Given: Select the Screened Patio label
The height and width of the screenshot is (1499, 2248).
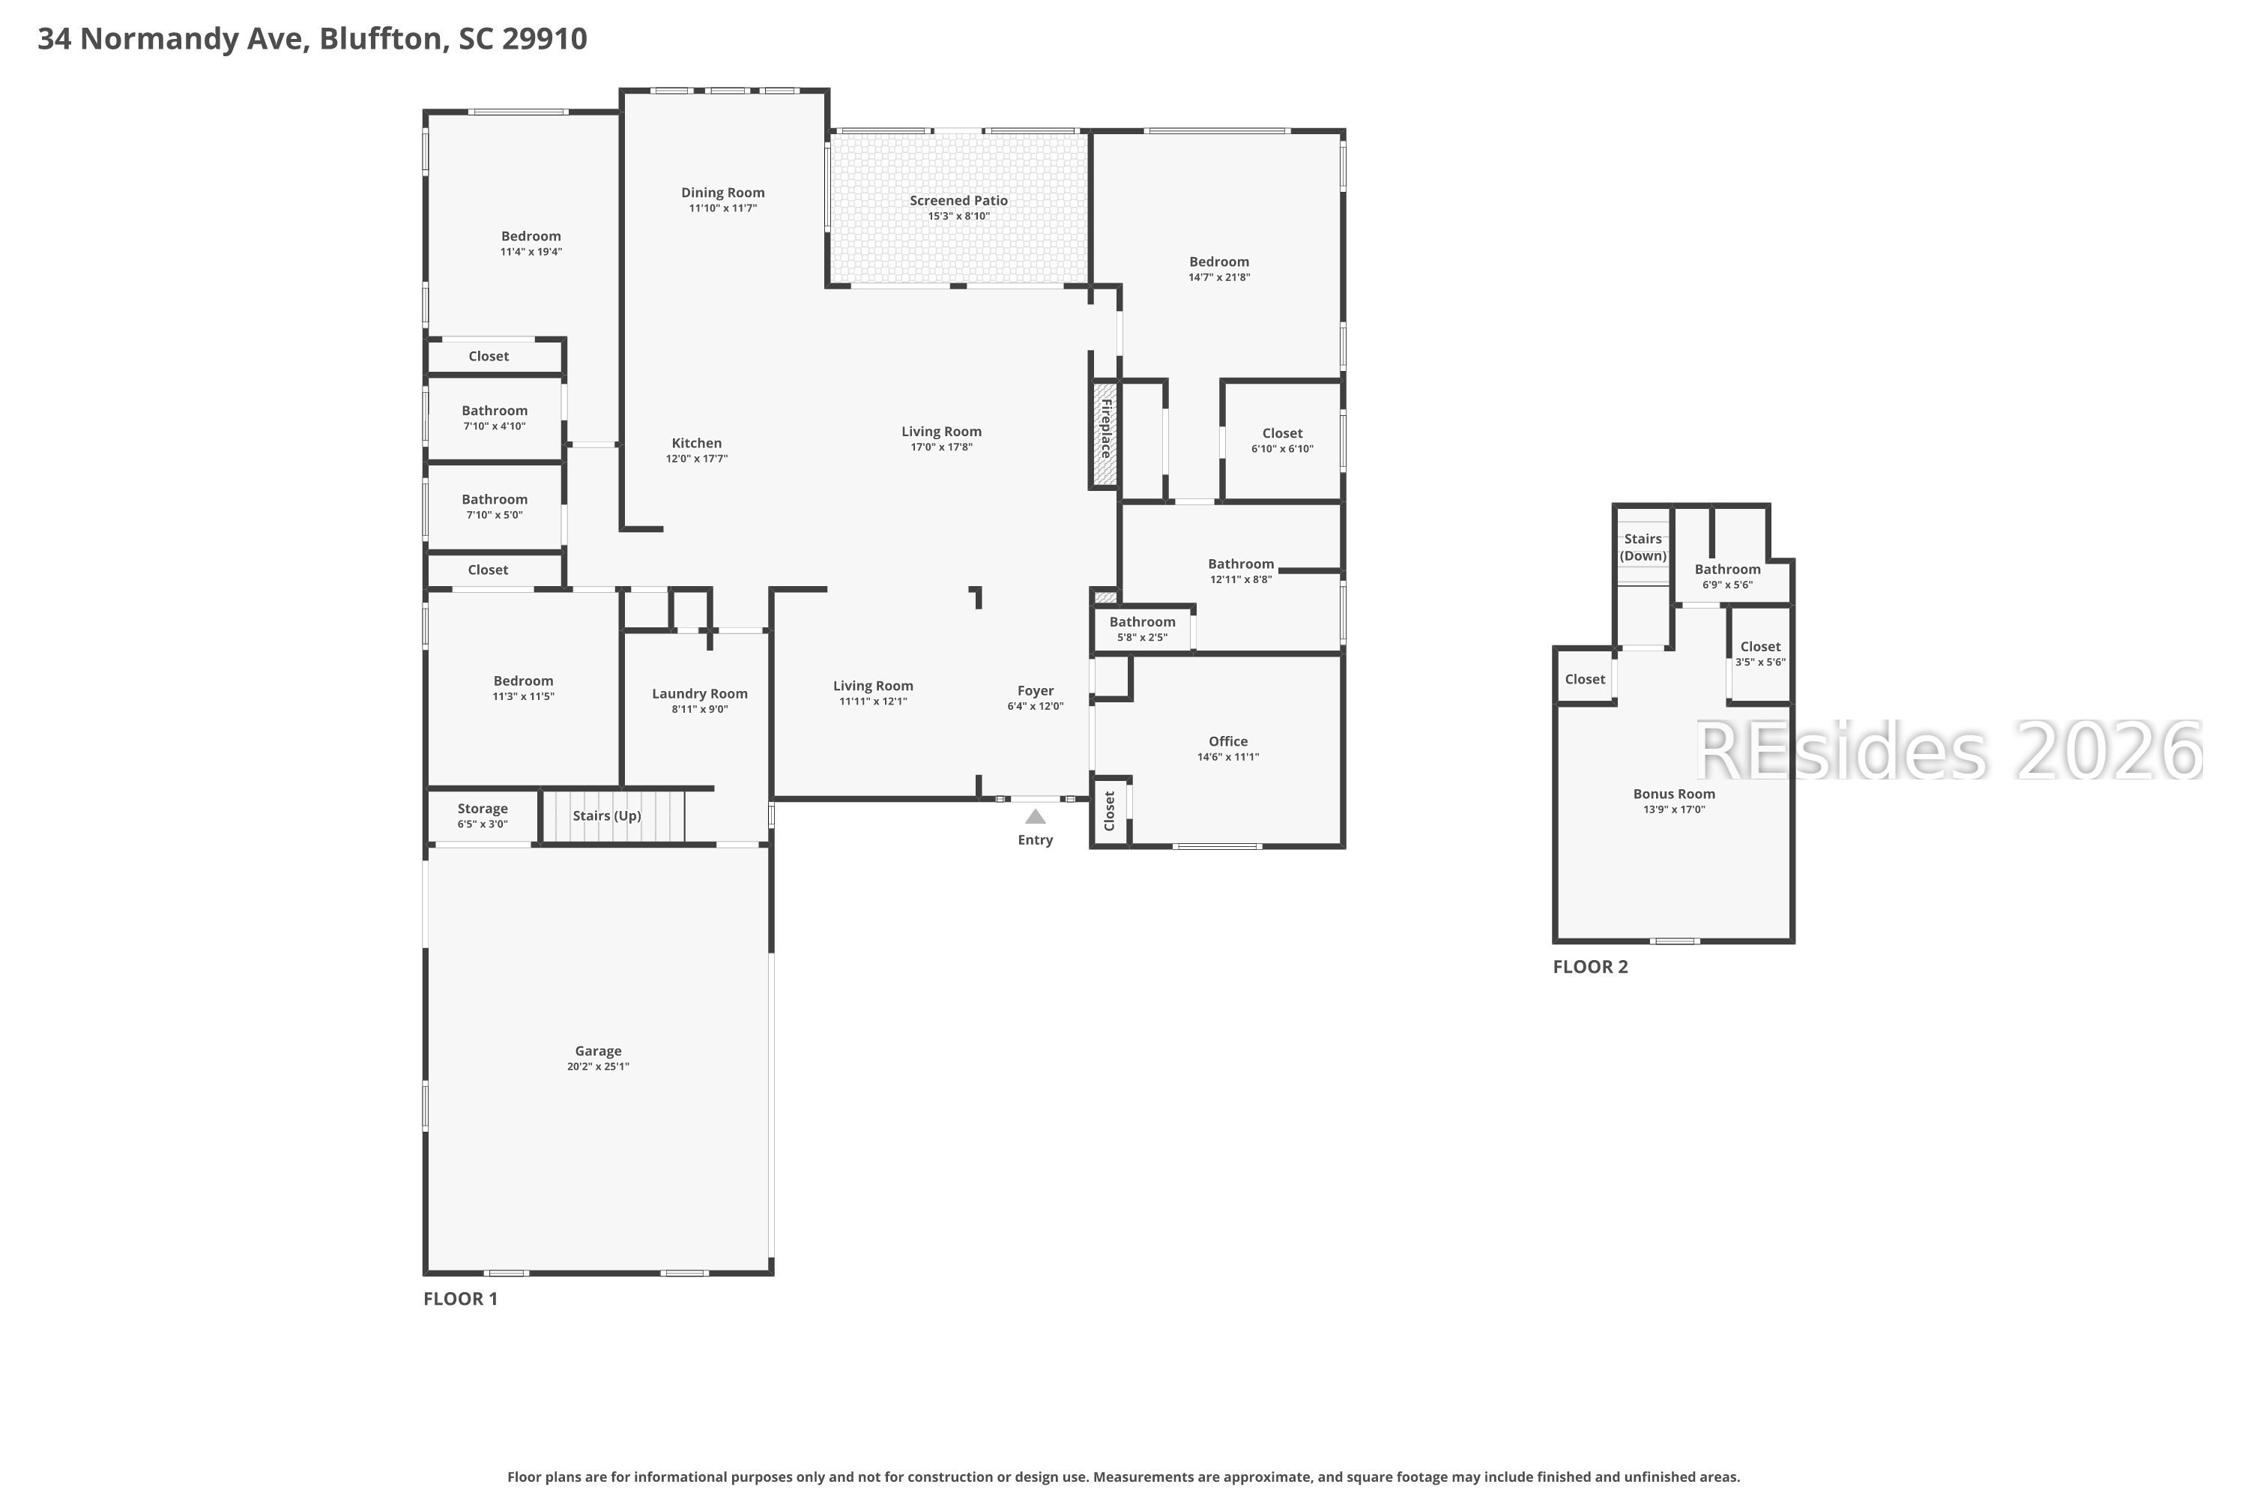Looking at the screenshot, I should coord(958,201).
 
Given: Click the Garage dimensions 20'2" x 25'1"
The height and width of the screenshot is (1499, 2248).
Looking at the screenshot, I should coord(598,1067).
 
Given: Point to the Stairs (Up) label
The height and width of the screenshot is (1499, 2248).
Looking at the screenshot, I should coord(607,816).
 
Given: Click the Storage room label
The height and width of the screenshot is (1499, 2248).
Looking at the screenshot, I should coord(483,809).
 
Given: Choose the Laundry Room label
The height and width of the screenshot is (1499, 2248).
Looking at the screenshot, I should coord(700,694).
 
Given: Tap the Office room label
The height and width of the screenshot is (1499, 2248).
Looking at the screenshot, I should coord(1228,742).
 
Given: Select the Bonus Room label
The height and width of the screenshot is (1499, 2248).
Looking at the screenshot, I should coord(1673,794).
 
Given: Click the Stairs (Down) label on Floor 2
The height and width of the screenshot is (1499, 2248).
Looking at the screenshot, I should coord(1643,548).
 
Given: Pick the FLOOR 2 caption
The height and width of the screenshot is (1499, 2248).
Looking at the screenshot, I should coord(1590,967).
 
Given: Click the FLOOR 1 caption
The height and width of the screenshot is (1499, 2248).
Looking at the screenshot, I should coord(461,1298).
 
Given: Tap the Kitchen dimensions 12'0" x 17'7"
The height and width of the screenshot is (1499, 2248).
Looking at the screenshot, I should coord(697,459).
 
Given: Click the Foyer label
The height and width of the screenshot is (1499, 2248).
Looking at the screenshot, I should coord(1035,691).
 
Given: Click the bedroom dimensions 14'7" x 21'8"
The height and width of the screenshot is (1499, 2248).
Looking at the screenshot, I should coord(1218,277).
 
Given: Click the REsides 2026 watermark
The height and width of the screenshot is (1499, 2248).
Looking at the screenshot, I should coord(1948,752).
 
